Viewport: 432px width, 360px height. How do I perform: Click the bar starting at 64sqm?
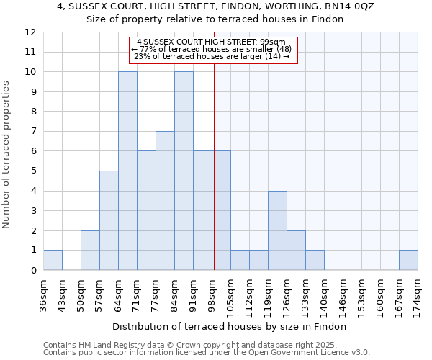pyautogui.click(x=127, y=171)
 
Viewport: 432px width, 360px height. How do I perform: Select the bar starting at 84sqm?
pyautogui.click(x=184, y=171)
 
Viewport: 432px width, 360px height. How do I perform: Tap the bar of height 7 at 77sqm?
pyautogui.click(x=165, y=201)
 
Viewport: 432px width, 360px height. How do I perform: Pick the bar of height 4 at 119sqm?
pyautogui.click(x=277, y=230)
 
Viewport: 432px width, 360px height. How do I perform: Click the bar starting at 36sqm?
pyautogui.click(x=53, y=260)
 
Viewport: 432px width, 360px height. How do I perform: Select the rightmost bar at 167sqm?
pyautogui.click(x=408, y=260)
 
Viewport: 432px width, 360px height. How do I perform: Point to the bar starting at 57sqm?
pyautogui.click(x=109, y=220)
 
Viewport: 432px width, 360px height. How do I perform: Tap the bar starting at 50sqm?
pyautogui.click(x=90, y=251)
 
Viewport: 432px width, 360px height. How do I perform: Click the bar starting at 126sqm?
pyautogui.click(x=296, y=251)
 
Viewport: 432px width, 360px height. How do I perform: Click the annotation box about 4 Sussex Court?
pyautogui.click(x=212, y=49)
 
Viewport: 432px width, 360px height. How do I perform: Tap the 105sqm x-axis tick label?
pyautogui.click(x=231, y=296)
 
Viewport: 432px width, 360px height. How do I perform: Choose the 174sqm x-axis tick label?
pyautogui.click(x=418, y=296)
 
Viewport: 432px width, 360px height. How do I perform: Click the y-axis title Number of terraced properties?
pyautogui.click(x=7, y=154)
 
